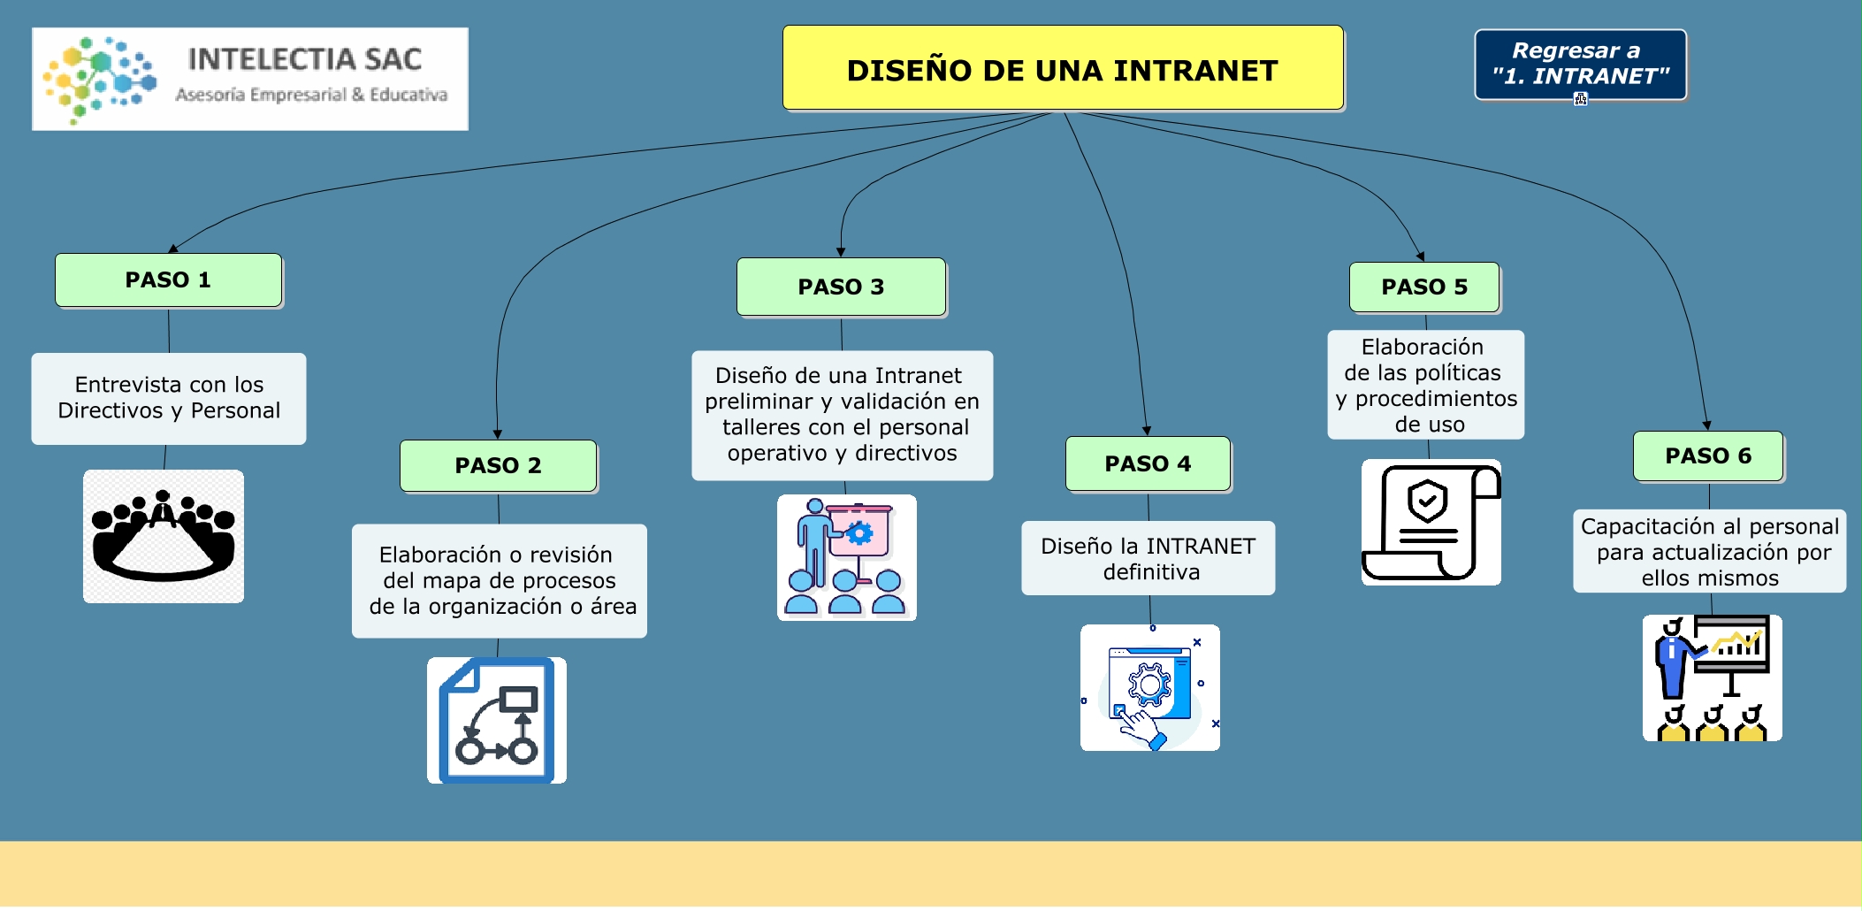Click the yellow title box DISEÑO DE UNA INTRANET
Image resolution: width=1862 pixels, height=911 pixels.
tap(1062, 69)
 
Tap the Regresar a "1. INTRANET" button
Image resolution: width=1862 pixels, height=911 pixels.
tap(1580, 64)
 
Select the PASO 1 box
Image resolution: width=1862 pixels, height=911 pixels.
tap(168, 280)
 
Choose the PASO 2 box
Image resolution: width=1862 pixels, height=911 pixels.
tap(498, 465)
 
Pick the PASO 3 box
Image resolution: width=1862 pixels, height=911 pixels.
tap(841, 287)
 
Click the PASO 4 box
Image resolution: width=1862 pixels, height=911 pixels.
tap(1148, 463)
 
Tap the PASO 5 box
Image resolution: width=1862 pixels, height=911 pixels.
tap(1423, 287)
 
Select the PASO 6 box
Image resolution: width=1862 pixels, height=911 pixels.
tap(1707, 455)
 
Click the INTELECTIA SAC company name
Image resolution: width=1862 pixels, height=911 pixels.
tap(305, 59)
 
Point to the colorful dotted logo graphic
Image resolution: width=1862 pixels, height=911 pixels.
tap(99, 79)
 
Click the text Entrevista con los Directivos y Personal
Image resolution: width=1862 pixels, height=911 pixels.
tap(169, 398)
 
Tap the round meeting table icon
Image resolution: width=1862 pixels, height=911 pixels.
tap(164, 536)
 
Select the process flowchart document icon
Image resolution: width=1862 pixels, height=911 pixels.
tap(497, 720)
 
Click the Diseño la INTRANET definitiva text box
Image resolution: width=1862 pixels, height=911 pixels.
tap(1148, 558)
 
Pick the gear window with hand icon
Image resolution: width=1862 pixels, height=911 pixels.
tap(1149, 688)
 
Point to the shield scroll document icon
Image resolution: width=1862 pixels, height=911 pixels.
tap(1431, 522)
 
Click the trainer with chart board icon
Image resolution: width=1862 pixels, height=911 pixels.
tap(1712, 678)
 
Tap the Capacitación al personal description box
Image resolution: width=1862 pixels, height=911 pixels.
tap(1709, 551)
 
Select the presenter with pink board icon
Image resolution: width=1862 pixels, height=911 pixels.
tap(846, 557)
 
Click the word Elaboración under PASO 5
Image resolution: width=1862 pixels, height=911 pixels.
tap(1422, 347)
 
